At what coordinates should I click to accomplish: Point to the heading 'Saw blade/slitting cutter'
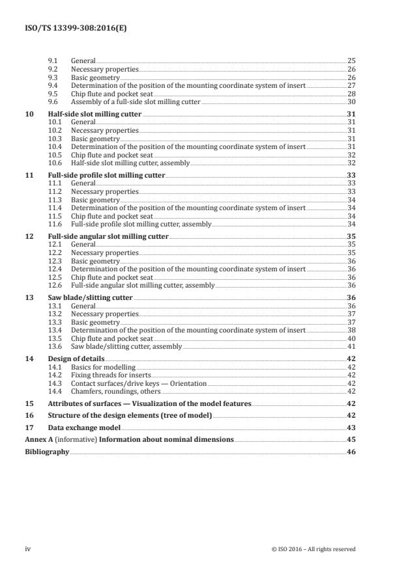[x=90, y=297]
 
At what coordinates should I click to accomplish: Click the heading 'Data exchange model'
[x=84, y=427]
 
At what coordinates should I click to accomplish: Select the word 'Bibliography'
[x=46, y=451]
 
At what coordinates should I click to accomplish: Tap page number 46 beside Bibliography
[x=351, y=451]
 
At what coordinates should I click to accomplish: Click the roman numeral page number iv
[x=27, y=549]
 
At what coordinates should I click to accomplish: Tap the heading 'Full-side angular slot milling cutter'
[x=108, y=236]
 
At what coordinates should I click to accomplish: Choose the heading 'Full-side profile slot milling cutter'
[x=107, y=175]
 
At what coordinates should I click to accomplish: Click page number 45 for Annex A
[x=351, y=439]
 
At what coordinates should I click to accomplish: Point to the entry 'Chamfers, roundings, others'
[x=112, y=392]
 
